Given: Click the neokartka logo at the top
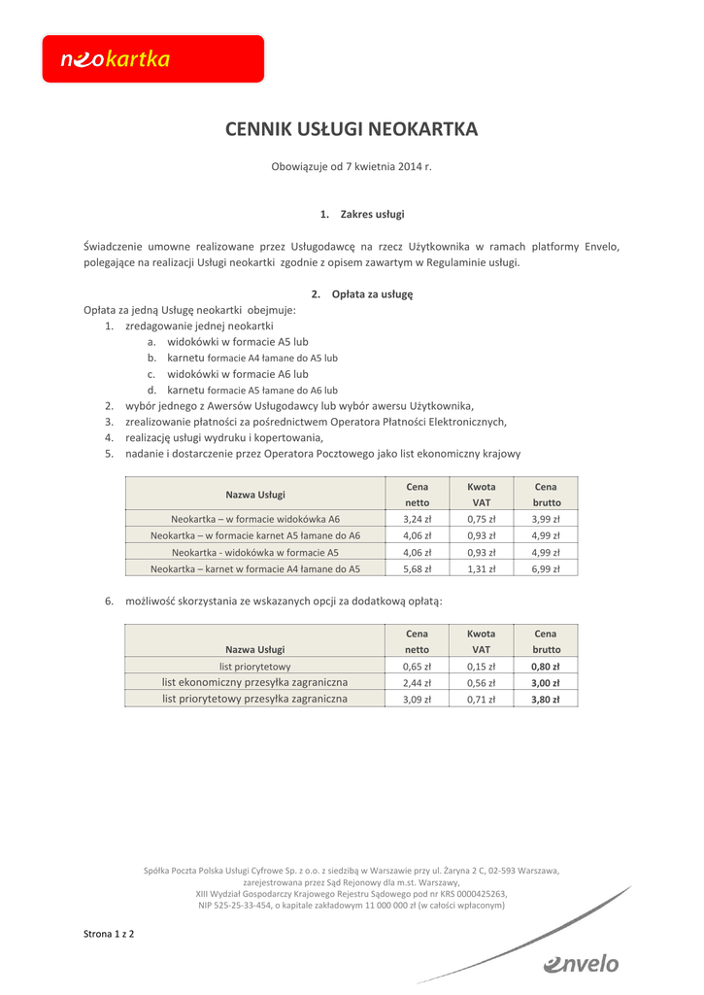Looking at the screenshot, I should coord(152,59).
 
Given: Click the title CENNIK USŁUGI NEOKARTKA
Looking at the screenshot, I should coord(352,128).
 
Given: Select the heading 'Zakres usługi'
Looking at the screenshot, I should coord(362,214).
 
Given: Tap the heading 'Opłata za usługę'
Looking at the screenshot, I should coord(362,293).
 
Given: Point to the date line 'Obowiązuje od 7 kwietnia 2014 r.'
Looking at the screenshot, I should coord(352,167).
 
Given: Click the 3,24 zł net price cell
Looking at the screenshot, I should coord(417,519).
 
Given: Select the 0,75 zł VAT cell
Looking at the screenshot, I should coord(481,519).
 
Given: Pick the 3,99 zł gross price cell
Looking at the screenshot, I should coord(546,519).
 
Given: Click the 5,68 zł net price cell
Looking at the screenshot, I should coord(417,568).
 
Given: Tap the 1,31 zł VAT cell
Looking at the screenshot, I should coord(481,568).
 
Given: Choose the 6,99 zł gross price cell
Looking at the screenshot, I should coord(546,568).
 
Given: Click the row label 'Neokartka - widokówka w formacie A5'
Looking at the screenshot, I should coord(255,552).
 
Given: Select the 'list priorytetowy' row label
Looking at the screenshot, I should coord(255,667).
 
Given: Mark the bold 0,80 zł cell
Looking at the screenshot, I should coord(546,667).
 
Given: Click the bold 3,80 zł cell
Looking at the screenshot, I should coord(546,699).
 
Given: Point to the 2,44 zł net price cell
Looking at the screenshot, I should coord(417,683).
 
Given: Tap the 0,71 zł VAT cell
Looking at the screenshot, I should coord(481,699).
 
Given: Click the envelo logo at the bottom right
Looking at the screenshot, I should coord(581,963).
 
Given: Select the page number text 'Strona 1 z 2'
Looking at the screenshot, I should coord(109,934).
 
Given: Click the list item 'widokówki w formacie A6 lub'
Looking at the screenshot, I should coord(237,374).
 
